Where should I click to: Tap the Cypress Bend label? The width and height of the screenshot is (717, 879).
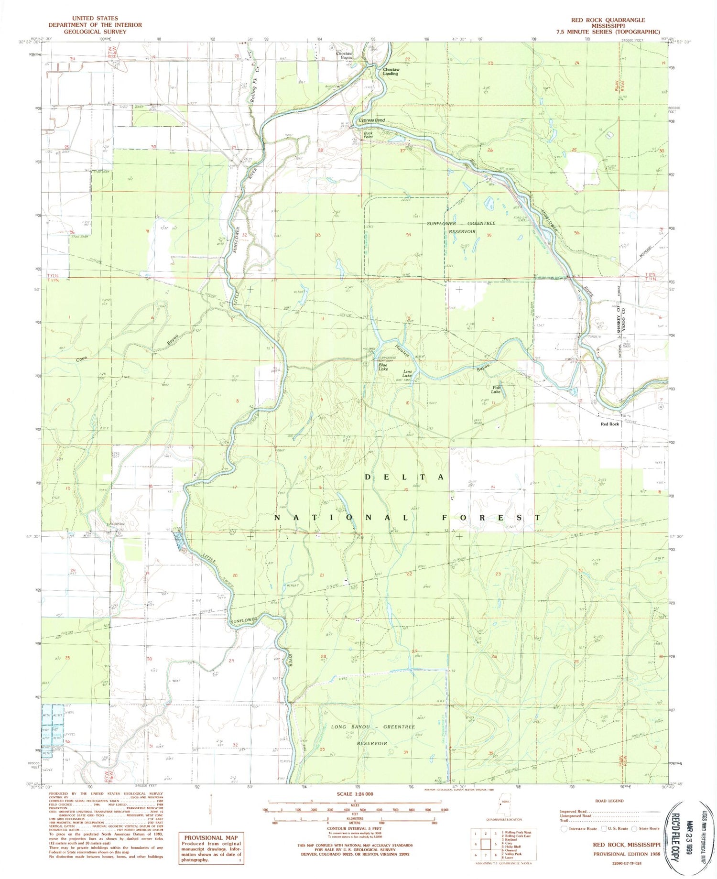371,120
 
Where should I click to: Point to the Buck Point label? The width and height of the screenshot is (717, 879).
368,135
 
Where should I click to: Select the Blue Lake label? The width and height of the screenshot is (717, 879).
383,367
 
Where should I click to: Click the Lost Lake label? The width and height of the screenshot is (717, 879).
407,374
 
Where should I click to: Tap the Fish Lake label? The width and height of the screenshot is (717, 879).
496,390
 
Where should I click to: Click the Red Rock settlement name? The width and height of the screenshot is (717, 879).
609,424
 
